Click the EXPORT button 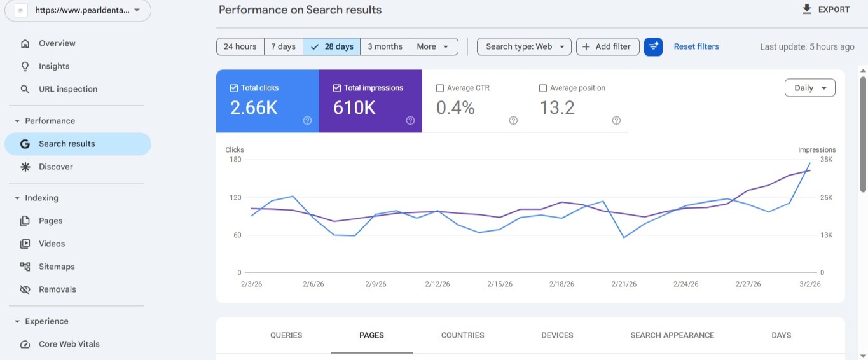826,10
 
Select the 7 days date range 283,46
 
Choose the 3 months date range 385,46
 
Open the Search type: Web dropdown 524,46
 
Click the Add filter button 607,46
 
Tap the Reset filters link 696,46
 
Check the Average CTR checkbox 440,88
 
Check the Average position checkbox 543,88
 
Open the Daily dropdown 809,88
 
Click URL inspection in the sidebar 68,89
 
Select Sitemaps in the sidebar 57,267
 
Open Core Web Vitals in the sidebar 69,344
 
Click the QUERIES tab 286,335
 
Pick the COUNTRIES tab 462,335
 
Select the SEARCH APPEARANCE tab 672,335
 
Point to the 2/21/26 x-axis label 624,284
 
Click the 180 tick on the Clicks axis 235,160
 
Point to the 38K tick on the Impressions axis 826,160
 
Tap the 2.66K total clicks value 254,108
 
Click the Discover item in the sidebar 56,167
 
